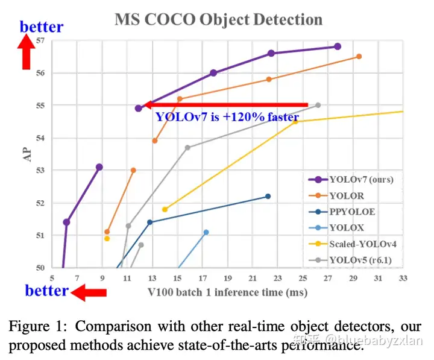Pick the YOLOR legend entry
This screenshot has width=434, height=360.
pos(347,196)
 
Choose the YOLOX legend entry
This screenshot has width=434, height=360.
pos(347,228)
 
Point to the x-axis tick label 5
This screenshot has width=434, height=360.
pos(52,279)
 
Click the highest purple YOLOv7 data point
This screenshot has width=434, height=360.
pos(338,46)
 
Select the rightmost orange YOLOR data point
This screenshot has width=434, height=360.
pos(359,56)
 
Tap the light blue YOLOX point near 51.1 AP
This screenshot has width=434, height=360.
pos(206,232)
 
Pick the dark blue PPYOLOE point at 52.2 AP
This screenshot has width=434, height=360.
pos(268,196)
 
